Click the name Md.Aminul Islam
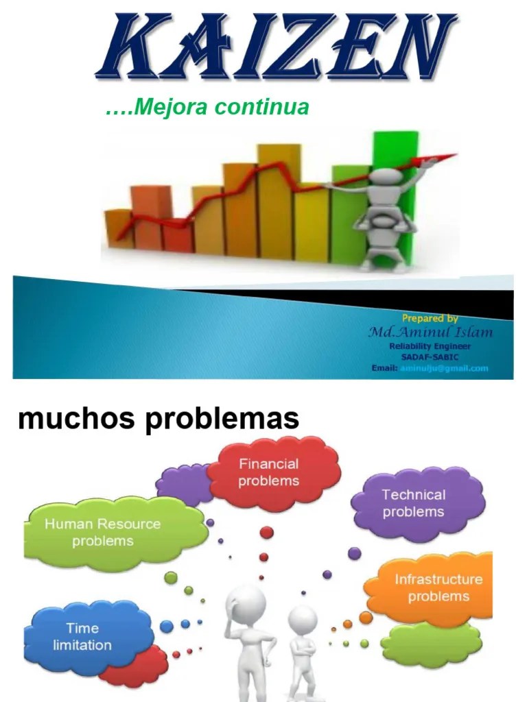pyautogui.click(x=430, y=332)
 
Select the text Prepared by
pyautogui.click(x=430, y=318)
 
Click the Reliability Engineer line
pyautogui.click(x=430, y=347)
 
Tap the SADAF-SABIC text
pyautogui.click(x=430, y=357)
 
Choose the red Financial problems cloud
pyautogui.click(x=270, y=472)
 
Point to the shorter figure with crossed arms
pyautogui.click(x=302, y=651)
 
